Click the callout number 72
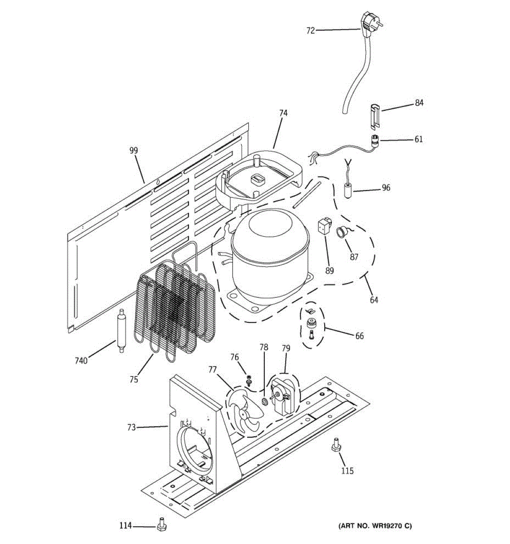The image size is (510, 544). click(311, 31)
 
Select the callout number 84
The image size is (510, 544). click(419, 103)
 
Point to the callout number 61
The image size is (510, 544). click(418, 139)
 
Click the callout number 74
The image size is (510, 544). click(283, 113)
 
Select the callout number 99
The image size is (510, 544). click(133, 151)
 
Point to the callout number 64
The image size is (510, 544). click(374, 300)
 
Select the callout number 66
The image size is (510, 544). click(359, 336)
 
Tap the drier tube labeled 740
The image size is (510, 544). click(121, 330)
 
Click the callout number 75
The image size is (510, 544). click(133, 379)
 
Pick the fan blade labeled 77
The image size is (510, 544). click(243, 410)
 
